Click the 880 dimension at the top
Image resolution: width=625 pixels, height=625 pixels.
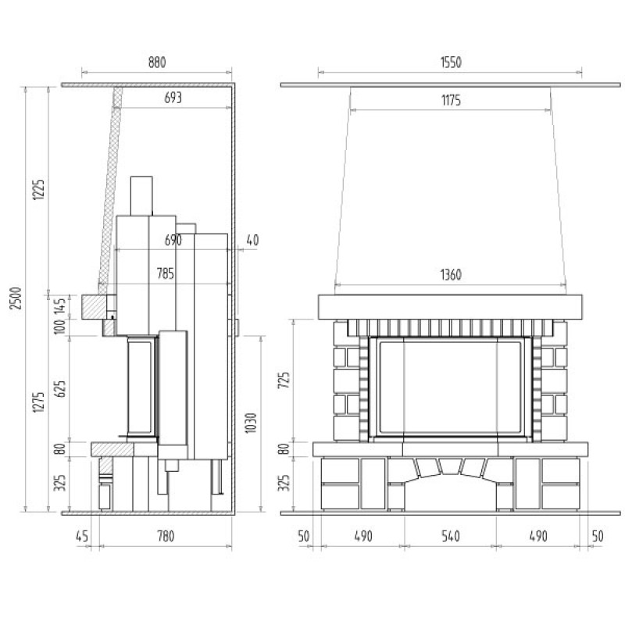157,62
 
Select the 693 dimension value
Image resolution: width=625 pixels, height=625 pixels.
173,98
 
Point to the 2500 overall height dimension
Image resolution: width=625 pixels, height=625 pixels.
16,298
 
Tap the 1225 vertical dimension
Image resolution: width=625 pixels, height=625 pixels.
38,190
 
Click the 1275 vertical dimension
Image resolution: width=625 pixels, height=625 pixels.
38,402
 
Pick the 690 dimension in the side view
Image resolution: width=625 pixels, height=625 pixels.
173,240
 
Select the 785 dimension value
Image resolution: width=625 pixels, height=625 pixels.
166,273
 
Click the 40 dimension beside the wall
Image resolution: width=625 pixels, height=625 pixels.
252,240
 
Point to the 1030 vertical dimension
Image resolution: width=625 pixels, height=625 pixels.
251,423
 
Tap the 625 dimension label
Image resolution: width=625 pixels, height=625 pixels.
60,389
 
